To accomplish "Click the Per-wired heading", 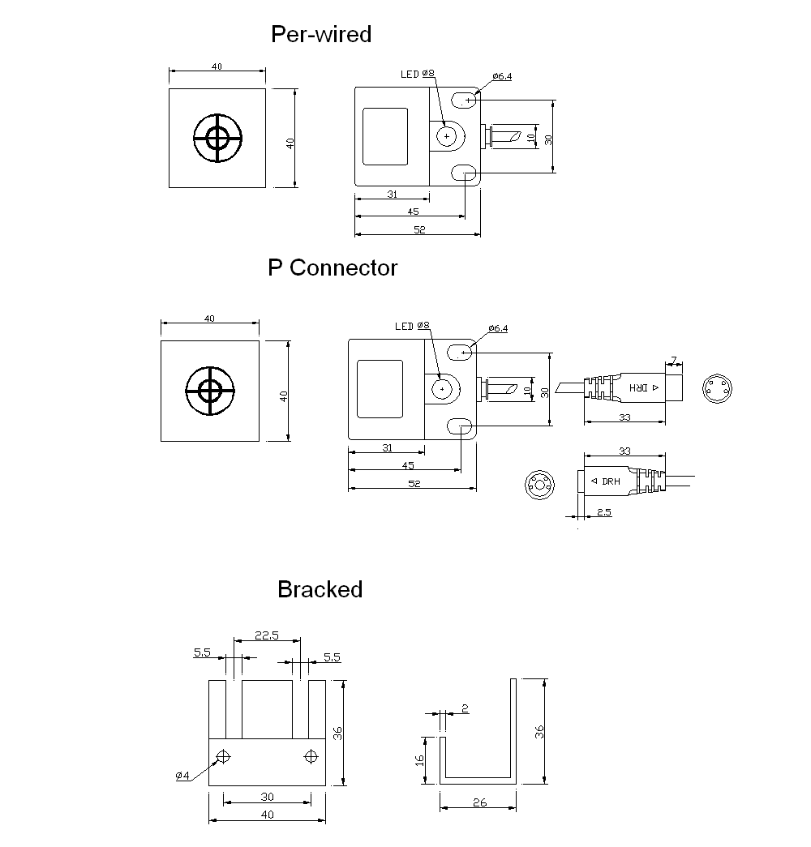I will point(321,34).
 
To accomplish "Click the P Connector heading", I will point(333,267).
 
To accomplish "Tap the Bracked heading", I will point(320,589).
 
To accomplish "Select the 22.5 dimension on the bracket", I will point(266,636).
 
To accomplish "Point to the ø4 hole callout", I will point(182,776).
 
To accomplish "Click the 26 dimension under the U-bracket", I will point(478,803).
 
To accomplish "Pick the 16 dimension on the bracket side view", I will point(419,759).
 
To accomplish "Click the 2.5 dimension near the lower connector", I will point(603,512).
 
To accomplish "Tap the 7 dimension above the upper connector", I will point(672,360).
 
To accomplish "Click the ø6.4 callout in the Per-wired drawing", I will point(501,76).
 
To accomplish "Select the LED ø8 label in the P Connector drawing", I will point(412,326).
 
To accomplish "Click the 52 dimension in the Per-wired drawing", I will point(418,230).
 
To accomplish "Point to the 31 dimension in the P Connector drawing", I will point(387,447).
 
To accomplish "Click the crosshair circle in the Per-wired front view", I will point(217,139).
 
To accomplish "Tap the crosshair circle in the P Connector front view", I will point(210,391).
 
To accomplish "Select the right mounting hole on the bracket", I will point(309,757).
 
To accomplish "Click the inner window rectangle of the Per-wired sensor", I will point(386,137).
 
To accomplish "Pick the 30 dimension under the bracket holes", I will point(266,797).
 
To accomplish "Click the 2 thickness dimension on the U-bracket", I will point(464,708).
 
